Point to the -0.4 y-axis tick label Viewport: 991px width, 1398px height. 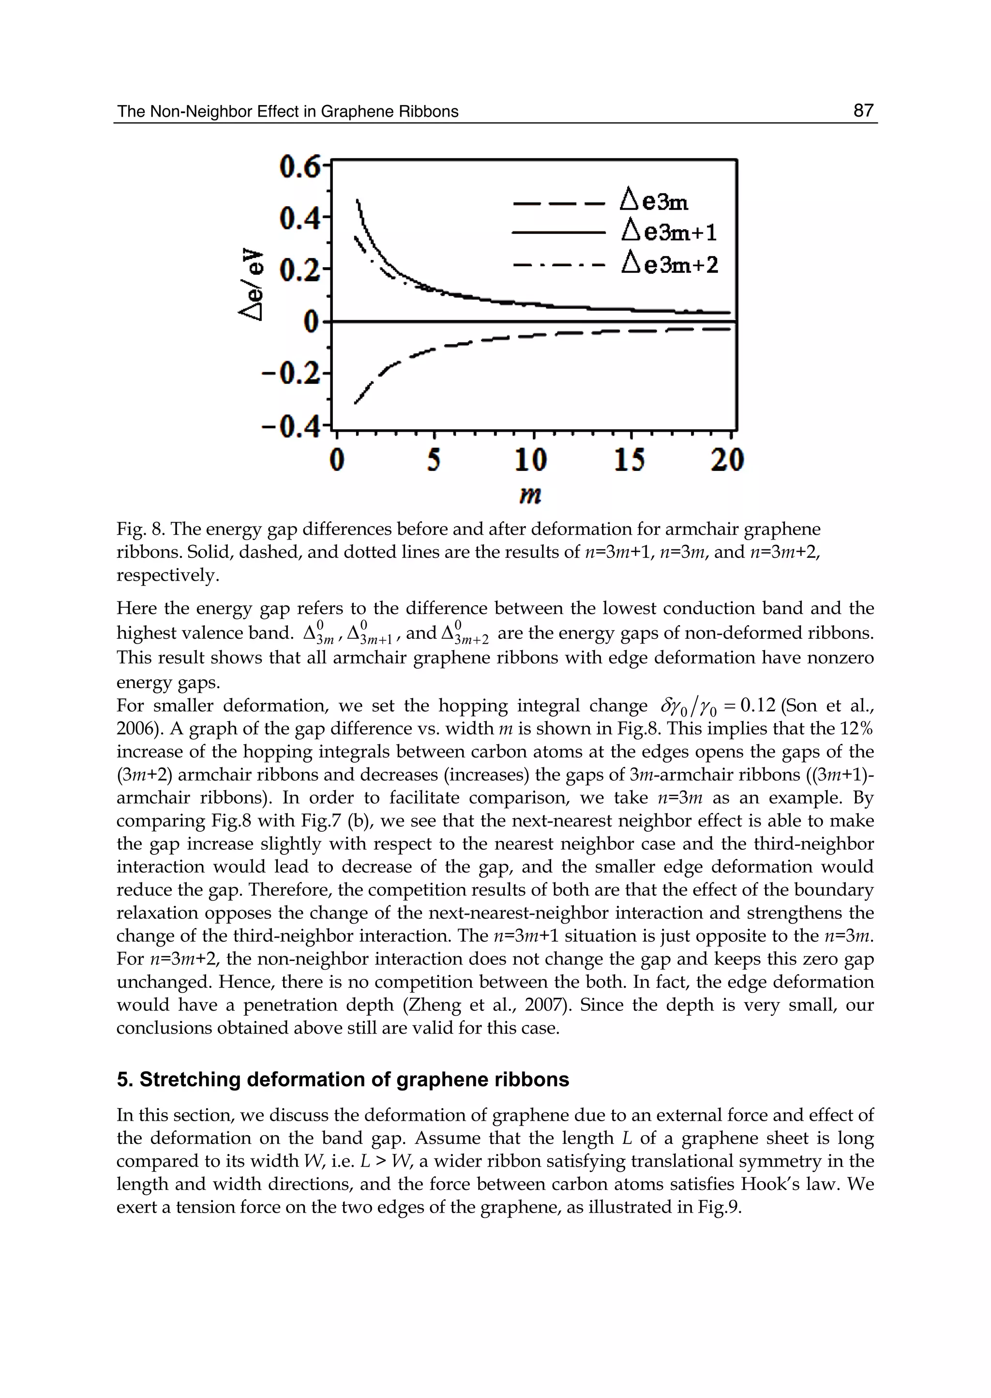[x=290, y=426]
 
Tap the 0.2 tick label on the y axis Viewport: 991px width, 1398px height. [x=299, y=270]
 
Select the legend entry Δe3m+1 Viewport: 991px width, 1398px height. [x=669, y=232]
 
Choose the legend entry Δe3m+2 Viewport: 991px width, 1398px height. [x=669, y=264]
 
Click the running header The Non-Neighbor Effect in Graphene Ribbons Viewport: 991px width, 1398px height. [x=287, y=112]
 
